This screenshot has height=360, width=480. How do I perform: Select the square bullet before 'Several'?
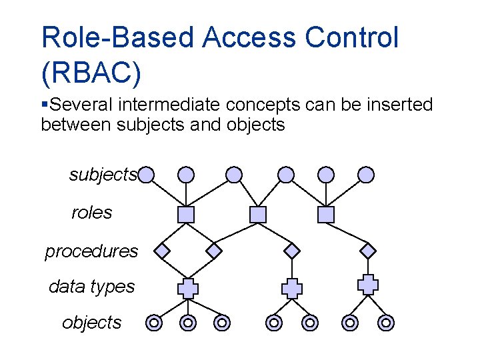point(45,105)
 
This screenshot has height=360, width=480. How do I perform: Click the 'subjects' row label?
point(103,175)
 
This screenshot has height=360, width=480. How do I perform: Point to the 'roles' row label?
point(92,213)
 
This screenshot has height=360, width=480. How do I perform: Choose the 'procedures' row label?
point(91,251)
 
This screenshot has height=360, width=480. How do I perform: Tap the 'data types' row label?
point(91,287)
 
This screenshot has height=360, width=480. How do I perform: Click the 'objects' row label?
point(92,323)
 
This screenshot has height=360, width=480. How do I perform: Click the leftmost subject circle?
point(147,175)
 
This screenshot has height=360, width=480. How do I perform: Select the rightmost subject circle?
point(366,175)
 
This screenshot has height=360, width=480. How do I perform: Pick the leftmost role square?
point(187,215)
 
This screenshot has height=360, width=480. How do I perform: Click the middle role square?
point(258,215)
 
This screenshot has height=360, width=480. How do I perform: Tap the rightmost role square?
point(325,215)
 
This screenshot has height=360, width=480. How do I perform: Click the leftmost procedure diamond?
point(162,251)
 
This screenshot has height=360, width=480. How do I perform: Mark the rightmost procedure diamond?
point(368,251)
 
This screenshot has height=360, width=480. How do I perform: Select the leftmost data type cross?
point(188,288)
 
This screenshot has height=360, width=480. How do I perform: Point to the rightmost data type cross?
point(368,284)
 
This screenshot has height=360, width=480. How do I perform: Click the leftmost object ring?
point(154,323)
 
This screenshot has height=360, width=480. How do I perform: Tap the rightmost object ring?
point(385,323)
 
